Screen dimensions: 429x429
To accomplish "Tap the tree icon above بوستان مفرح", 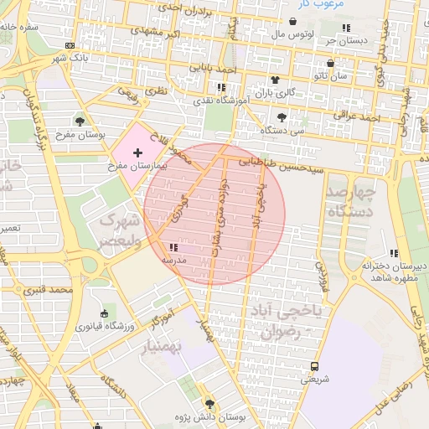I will point(80,121).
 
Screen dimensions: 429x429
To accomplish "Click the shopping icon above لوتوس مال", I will point(292,22).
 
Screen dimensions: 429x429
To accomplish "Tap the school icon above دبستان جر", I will point(346,28).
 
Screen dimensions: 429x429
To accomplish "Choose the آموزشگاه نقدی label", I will point(221,101).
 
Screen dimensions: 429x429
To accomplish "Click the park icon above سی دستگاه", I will point(281,117).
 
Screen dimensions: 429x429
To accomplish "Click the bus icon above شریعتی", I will point(315,366).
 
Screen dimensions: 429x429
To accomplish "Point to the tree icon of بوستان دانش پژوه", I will point(209,404).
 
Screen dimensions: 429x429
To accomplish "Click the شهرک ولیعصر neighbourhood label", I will point(117,230).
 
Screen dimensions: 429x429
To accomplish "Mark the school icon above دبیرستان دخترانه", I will point(394,253).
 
